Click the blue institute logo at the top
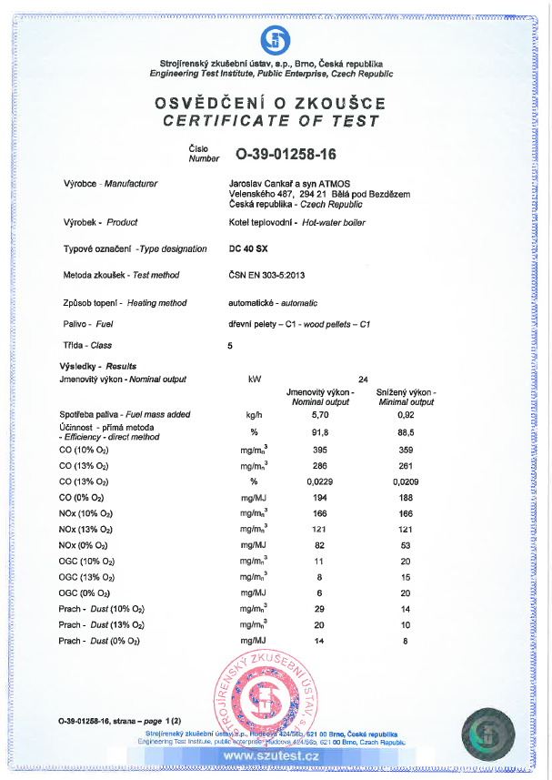[x=275, y=39]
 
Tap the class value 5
[x=230, y=346]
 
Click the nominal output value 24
[x=363, y=379]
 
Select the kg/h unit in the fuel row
[x=254, y=415]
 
